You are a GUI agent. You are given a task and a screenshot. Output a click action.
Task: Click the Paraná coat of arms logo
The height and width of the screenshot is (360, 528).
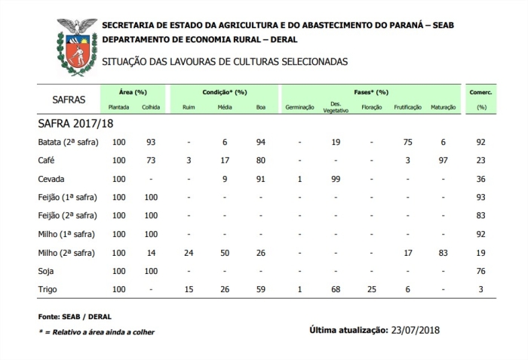tap(78, 46)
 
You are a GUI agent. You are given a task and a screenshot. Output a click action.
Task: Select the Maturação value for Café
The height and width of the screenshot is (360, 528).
tap(444, 161)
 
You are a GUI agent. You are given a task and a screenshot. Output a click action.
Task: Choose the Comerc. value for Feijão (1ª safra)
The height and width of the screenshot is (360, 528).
tap(480, 197)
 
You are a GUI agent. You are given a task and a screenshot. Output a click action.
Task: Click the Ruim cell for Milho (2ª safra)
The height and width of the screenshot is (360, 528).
tap(189, 252)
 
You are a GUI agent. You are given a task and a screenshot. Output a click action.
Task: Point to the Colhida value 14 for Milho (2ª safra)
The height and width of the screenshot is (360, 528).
tap(151, 252)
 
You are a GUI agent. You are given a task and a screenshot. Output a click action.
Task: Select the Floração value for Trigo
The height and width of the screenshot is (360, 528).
tap(371, 288)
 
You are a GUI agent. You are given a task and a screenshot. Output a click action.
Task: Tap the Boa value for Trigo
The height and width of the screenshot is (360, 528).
tap(261, 288)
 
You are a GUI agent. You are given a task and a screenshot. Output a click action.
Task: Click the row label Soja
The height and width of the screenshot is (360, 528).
tap(46, 270)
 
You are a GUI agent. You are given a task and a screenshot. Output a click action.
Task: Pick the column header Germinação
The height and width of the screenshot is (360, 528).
tap(299, 108)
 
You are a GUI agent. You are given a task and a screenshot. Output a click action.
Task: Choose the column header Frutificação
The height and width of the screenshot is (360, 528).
tap(408, 108)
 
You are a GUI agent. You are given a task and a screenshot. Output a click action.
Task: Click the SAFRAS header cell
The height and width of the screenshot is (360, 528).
tap(69, 100)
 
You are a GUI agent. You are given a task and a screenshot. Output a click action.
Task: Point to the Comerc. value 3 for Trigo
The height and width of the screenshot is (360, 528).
tap(480, 288)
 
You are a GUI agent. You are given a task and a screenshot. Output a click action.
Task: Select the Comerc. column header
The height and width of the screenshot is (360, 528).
tap(480, 92)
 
